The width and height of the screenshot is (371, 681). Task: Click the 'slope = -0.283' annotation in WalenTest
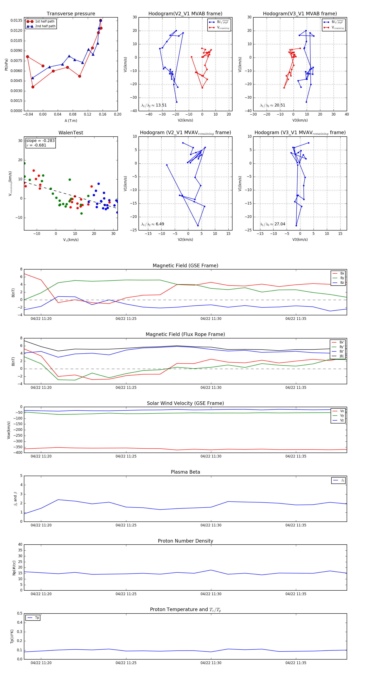40,141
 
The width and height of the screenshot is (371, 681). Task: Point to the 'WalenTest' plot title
71,133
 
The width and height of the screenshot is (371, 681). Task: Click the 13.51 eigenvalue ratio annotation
154,105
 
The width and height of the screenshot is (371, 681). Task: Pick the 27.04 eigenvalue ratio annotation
272,224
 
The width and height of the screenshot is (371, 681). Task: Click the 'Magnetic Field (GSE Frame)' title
185,266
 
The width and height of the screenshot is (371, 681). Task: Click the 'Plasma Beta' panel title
185,472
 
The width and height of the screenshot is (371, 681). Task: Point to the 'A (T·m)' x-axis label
71,121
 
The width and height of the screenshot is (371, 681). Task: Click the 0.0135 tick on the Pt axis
16,21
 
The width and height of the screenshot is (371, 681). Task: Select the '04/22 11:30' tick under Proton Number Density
211,594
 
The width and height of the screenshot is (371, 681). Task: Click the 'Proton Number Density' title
185,541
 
